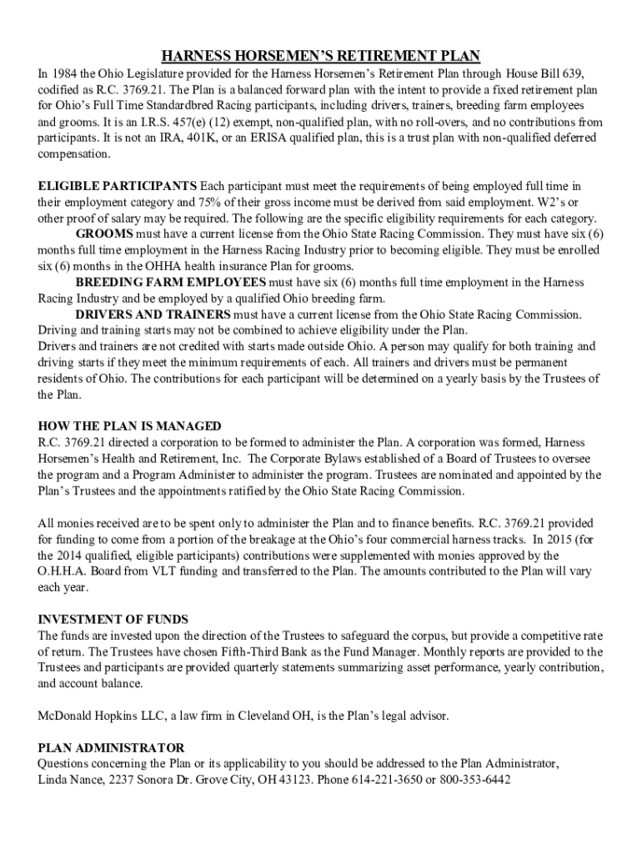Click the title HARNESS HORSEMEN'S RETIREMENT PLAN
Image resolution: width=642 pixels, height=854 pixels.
pyautogui.click(x=321, y=56)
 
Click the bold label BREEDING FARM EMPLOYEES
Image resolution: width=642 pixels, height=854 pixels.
pyautogui.click(x=170, y=283)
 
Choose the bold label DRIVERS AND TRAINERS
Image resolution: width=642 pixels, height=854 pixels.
pyautogui.click(x=153, y=314)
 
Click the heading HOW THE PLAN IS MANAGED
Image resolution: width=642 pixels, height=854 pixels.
pyautogui.click(x=129, y=426)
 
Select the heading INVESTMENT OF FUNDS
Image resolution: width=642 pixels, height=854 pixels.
pyautogui.click(x=113, y=620)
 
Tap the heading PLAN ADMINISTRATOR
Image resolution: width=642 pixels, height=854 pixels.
pyautogui.click(x=111, y=748)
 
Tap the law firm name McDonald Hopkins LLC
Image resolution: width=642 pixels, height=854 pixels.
pyautogui.click(x=103, y=716)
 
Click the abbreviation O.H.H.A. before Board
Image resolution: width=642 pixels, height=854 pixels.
pyautogui.click(x=64, y=571)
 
